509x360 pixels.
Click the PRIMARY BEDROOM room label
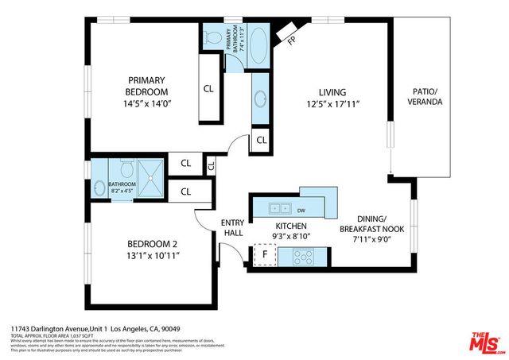(x=147, y=86)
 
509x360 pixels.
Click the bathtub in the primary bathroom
(x=259, y=41)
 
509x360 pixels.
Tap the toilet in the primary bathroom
(x=213, y=37)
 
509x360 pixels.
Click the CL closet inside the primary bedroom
(x=208, y=89)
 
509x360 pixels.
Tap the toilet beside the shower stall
(x=126, y=168)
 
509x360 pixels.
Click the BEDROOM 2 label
(x=153, y=244)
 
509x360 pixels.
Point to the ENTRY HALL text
(x=232, y=227)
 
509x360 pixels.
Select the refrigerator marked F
(x=265, y=255)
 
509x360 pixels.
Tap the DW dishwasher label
(x=301, y=211)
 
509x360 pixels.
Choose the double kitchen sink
(x=279, y=209)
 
